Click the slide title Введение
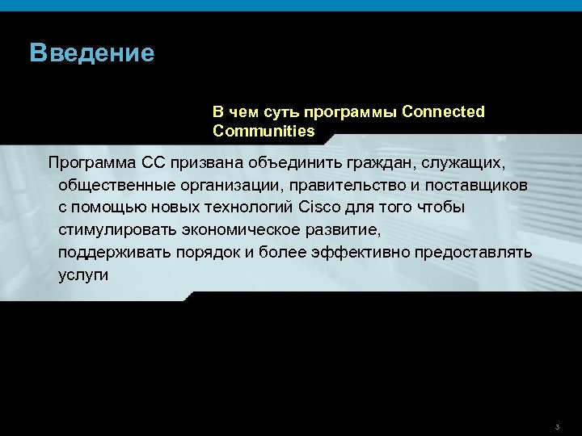point(91,53)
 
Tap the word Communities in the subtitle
point(264,130)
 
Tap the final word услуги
point(82,275)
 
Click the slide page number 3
point(558,426)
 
